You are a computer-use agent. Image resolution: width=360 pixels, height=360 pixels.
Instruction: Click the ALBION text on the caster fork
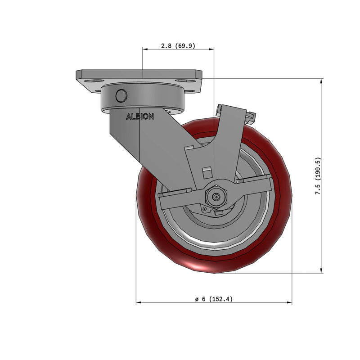pyautogui.click(x=140, y=117)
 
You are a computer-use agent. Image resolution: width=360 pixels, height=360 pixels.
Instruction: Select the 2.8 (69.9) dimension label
pyautogui.click(x=178, y=46)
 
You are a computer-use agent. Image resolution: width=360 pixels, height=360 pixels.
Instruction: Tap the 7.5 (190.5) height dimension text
pyautogui.click(x=318, y=176)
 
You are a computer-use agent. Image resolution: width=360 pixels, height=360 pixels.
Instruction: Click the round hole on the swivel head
pyautogui.click(x=121, y=96)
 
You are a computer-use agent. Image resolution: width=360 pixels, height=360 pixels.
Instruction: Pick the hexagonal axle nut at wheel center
pyautogui.click(x=216, y=196)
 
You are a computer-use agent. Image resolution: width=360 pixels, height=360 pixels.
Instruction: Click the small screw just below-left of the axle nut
pyautogui.click(x=205, y=209)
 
